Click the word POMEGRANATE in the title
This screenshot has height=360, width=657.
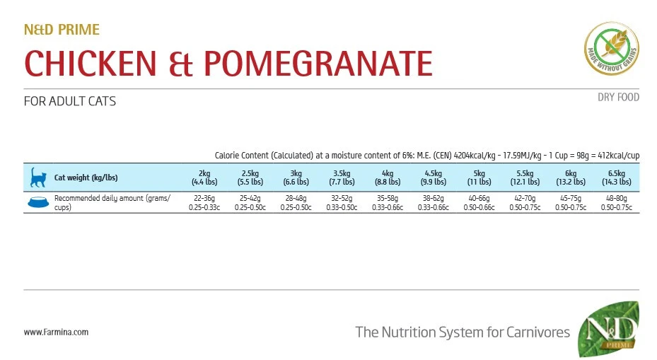(318, 63)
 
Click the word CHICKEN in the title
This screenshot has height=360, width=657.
(91, 63)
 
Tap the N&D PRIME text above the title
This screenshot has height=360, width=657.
(62, 30)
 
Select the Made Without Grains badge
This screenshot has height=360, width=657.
(612, 49)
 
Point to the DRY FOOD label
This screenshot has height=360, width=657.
(618, 97)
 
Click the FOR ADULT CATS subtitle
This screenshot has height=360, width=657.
(70, 101)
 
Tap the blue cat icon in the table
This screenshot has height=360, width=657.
(37, 177)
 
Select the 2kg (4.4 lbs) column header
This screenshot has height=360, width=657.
(204, 178)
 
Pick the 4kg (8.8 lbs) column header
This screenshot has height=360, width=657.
(388, 178)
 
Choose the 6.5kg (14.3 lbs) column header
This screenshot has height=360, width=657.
(616, 178)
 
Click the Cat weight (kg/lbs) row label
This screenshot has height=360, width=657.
(86, 178)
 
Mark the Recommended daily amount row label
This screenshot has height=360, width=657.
(112, 203)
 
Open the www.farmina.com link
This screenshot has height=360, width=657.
(56, 332)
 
